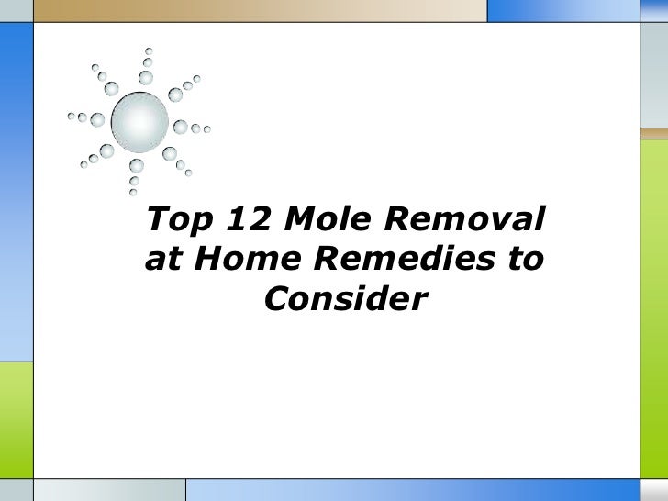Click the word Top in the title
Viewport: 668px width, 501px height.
coord(174,219)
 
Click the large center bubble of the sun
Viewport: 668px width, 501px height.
coord(139,119)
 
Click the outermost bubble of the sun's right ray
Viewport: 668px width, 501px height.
coord(207,129)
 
